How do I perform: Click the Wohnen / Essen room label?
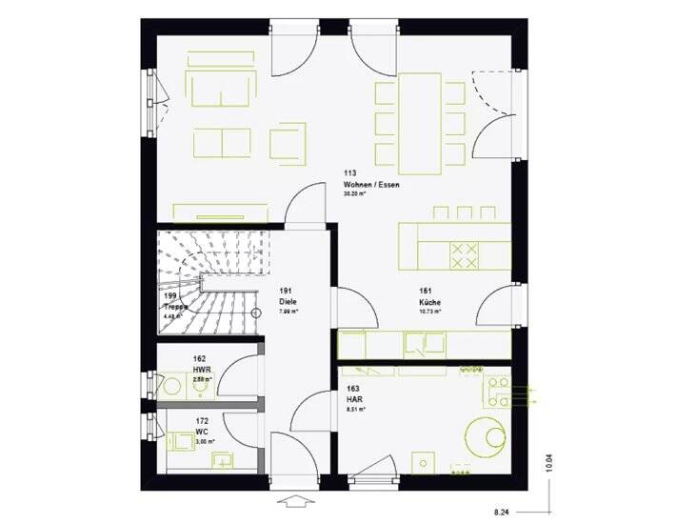pyautogui.click(x=366, y=184)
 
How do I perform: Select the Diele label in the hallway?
pyautogui.click(x=288, y=301)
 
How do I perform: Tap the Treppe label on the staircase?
pyautogui.click(x=174, y=307)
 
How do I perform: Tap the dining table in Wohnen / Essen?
pyautogui.click(x=418, y=122)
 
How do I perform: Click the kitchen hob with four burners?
pyautogui.click(x=464, y=252)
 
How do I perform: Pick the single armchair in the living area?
pyautogui.click(x=287, y=143)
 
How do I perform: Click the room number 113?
pyautogui.click(x=349, y=173)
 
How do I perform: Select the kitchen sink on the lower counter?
pyautogui.click(x=416, y=342)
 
